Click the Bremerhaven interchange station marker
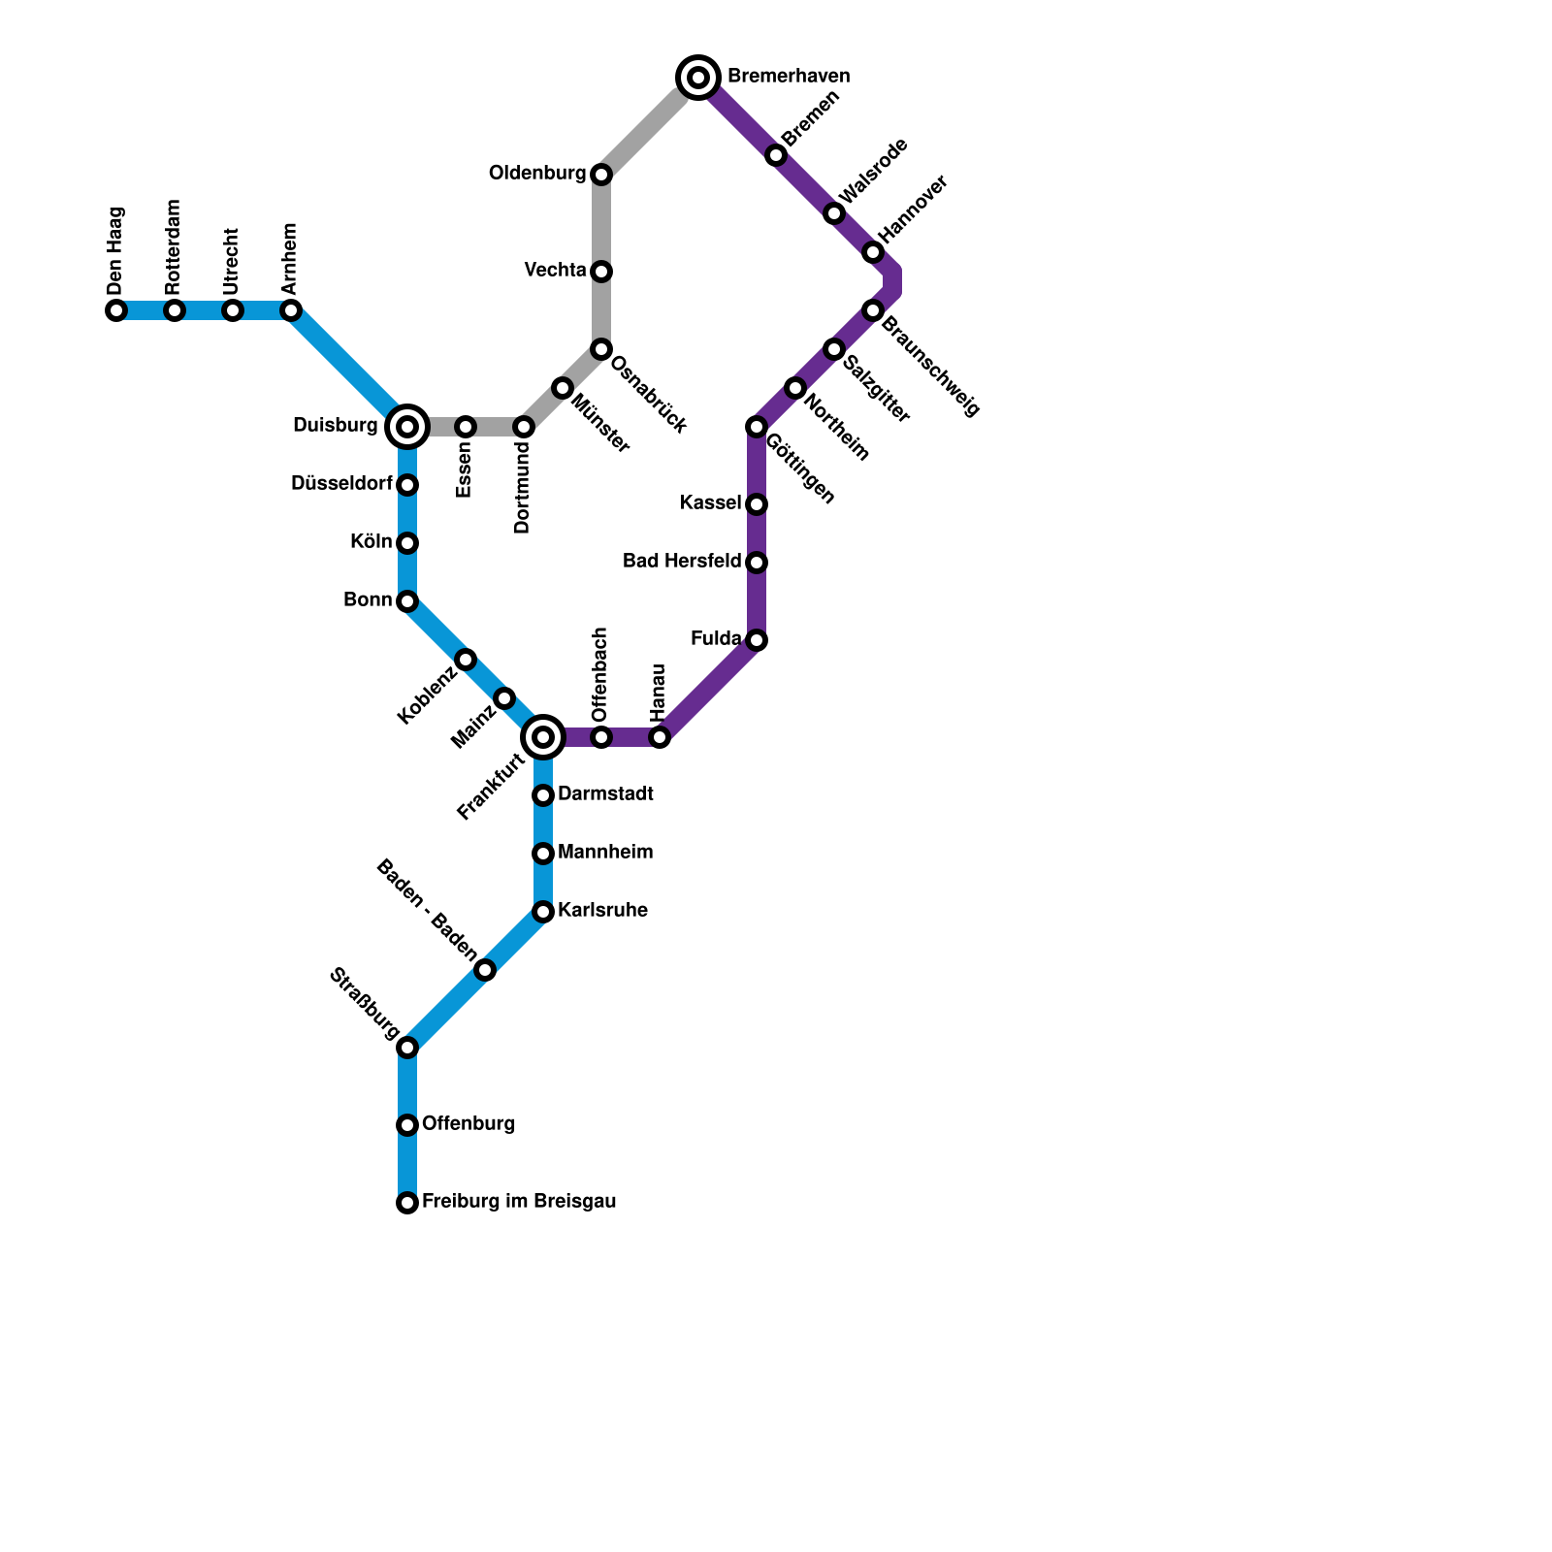click(x=698, y=77)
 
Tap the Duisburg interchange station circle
click(x=407, y=426)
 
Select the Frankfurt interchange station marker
click(x=543, y=737)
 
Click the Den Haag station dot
click(x=116, y=310)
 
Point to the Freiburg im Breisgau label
click(x=519, y=1202)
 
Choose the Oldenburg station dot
click(x=601, y=175)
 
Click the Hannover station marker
click(x=873, y=252)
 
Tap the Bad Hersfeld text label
click(x=682, y=562)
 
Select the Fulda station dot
click(x=757, y=640)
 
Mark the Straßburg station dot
click(x=407, y=1048)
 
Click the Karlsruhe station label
click(x=602, y=911)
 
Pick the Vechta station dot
click(x=601, y=272)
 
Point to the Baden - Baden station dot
click(x=485, y=970)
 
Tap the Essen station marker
click(x=466, y=427)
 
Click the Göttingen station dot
click(x=757, y=427)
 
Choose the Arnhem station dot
click(x=291, y=310)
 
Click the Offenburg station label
click(x=469, y=1124)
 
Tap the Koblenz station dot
click(x=466, y=660)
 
